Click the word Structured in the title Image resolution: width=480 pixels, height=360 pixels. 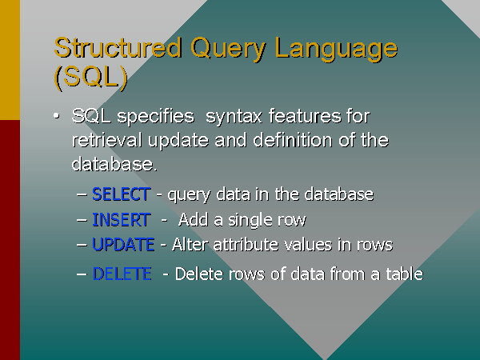(x=118, y=47)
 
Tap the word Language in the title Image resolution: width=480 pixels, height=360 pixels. (x=336, y=48)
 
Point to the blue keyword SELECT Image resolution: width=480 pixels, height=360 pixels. (x=121, y=194)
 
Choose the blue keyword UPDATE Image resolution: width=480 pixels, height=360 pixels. (x=123, y=244)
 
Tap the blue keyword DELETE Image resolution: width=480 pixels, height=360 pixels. (x=122, y=274)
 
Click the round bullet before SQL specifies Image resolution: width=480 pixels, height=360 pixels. (x=56, y=117)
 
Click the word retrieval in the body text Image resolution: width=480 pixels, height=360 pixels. (x=106, y=141)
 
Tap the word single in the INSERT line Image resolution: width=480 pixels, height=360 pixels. (x=239, y=219)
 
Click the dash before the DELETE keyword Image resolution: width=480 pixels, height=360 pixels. (x=82, y=274)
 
